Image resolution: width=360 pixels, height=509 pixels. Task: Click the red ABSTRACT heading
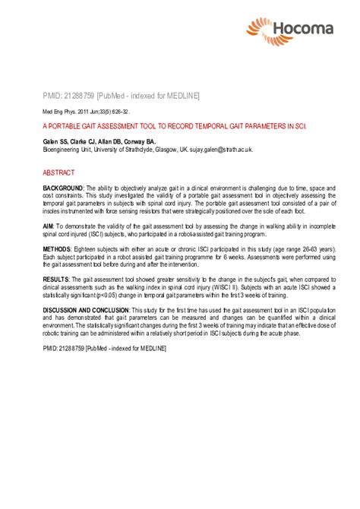pos(58,173)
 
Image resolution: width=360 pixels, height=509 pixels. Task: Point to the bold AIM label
pos(49,227)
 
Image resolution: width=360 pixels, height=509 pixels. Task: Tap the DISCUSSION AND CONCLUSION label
pos(87,310)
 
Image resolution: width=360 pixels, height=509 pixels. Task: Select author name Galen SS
pos(55,142)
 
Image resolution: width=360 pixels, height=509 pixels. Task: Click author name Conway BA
pos(139,142)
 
